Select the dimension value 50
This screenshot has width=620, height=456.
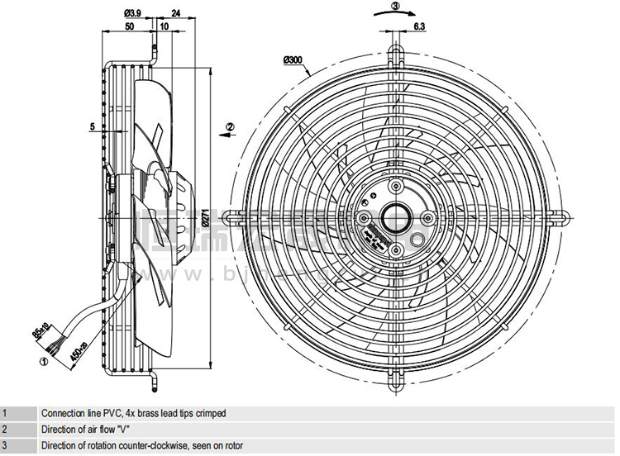129,26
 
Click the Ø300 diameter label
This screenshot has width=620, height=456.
291,59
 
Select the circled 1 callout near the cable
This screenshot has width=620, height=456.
43,359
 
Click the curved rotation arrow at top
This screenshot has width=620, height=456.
395,15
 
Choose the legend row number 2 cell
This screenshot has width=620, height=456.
5,430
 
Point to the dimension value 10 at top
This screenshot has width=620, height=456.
165,26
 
